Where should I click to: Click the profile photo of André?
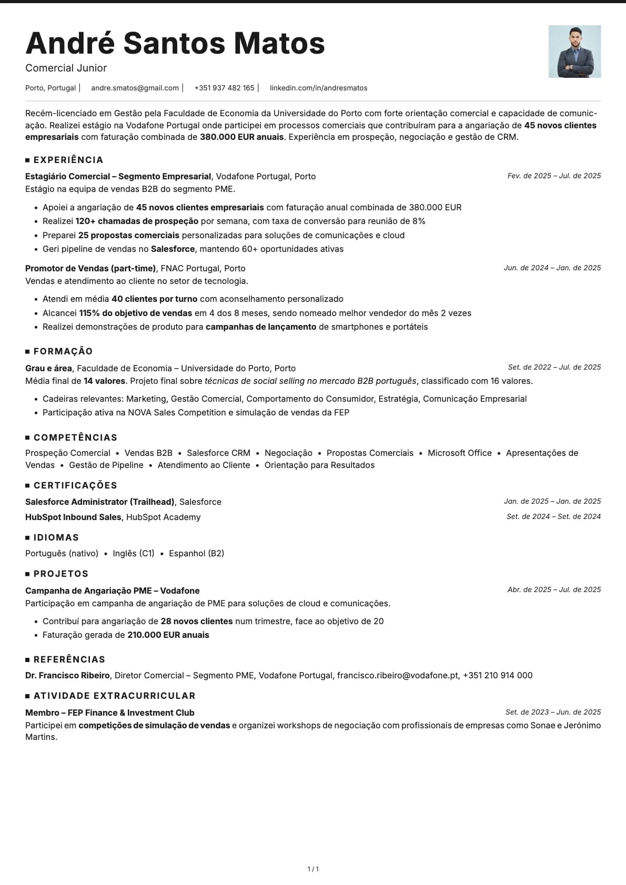click(x=574, y=52)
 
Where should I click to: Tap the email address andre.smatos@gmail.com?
click(x=135, y=88)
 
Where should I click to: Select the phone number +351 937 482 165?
click(x=224, y=88)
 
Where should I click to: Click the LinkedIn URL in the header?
click(x=318, y=88)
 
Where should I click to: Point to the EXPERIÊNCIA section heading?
click(x=68, y=160)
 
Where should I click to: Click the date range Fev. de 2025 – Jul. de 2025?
click(x=554, y=176)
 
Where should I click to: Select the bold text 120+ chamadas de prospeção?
click(x=137, y=221)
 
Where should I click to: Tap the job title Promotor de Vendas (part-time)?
click(x=90, y=268)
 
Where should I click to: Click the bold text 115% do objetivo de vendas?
click(x=135, y=313)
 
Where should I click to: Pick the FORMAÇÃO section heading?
click(x=63, y=351)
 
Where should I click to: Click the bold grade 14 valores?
click(x=104, y=381)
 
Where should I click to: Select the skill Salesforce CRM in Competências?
click(x=218, y=453)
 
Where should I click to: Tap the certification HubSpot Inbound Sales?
click(x=73, y=517)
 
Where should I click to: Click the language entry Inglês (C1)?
click(x=134, y=553)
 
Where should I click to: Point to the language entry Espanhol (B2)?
click(x=196, y=553)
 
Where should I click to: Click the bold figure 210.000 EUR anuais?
click(x=168, y=635)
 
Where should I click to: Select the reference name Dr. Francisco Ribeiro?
click(x=67, y=675)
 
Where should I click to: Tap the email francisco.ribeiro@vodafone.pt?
click(x=398, y=675)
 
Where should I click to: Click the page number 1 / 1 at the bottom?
click(x=313, y=869)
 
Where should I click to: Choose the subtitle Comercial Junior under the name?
click(x=66, y=68)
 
